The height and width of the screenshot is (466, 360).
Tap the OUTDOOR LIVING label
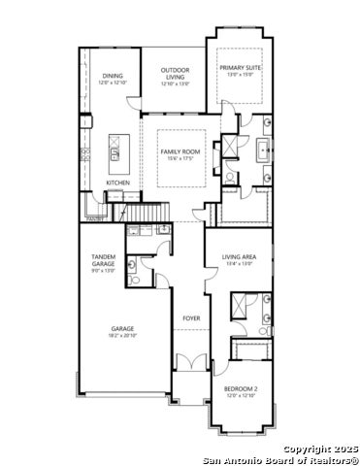coord(176,70)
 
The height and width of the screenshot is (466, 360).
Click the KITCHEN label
coord(118,183)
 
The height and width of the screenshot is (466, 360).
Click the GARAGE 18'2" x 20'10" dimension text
coord(122,335)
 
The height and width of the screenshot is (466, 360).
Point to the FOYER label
coord(192,317)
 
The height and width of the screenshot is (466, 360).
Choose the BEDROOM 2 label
coord(242,389)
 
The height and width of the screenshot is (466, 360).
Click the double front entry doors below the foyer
coord(192,364)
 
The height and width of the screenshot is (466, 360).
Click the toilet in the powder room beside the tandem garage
coord(135,279)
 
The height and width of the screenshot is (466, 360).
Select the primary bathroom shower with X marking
coord(231,147)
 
